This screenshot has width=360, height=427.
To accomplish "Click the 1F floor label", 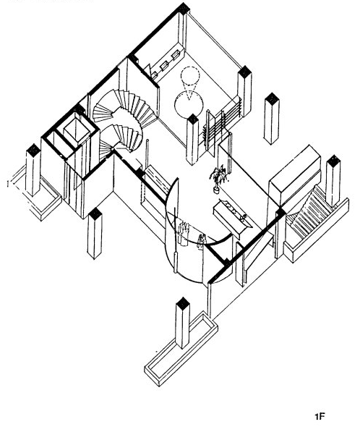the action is [x=320, y=417].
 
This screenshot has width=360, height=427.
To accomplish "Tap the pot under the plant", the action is [x=216, y=190].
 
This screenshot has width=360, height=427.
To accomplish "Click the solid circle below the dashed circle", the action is [x=189, y=104].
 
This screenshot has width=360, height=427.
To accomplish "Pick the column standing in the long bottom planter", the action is [x=183, y=323].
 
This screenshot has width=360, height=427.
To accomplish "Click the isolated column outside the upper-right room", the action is [x=272, y=119].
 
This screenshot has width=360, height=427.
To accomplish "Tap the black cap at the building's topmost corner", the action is [x=184, y=8].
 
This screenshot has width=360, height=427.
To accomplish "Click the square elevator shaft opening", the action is [x=77, y=132].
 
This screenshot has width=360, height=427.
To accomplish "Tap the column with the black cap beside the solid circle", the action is [x=193, y=140].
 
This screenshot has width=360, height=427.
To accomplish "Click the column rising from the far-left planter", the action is [x=33, y=170].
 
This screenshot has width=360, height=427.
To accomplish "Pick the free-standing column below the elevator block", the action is [x=95, y=233].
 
